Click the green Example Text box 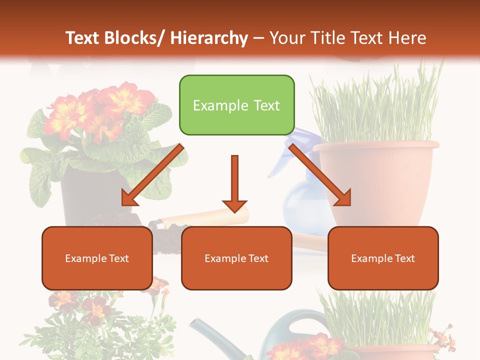coord(236,105)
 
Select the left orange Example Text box coord(97,258)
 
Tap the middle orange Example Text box coord(236,258)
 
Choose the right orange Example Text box coord(383,258)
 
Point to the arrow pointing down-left coord(153,175)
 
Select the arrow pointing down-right coord(320,175)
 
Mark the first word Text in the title coord(83,38)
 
